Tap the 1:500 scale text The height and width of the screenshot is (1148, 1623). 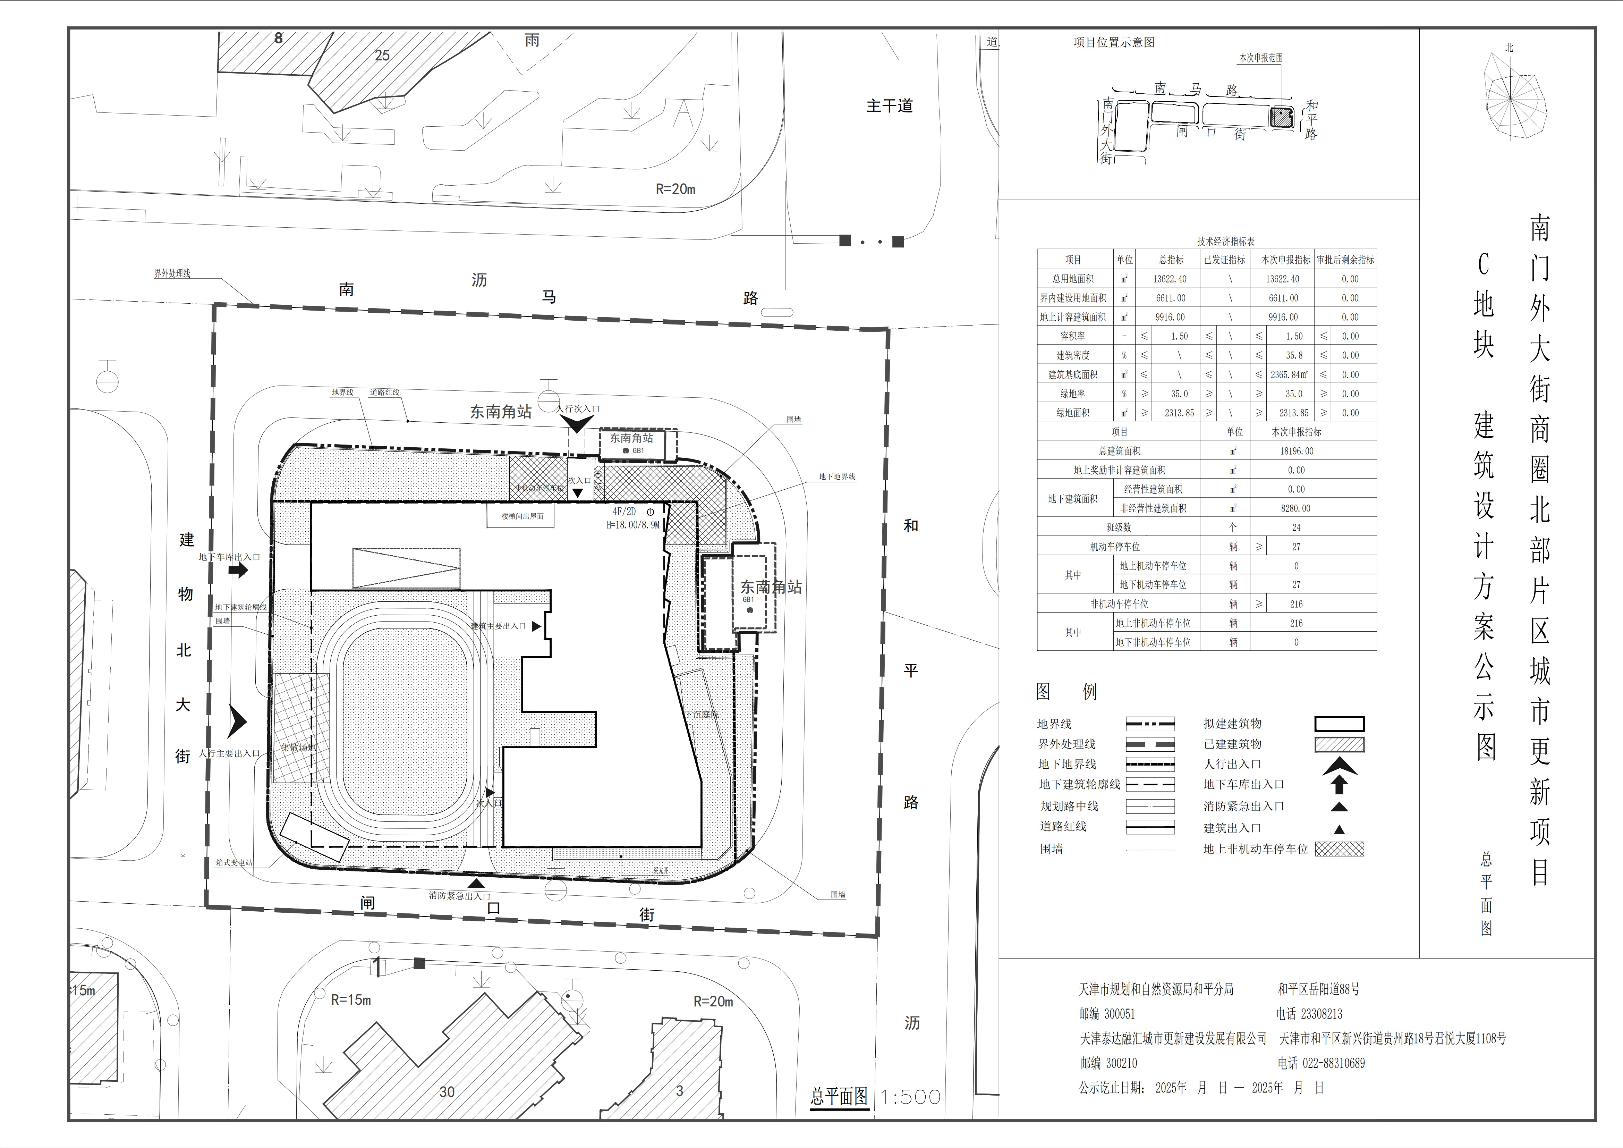(x=910, y=1097)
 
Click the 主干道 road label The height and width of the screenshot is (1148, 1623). (x=889, y=106)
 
